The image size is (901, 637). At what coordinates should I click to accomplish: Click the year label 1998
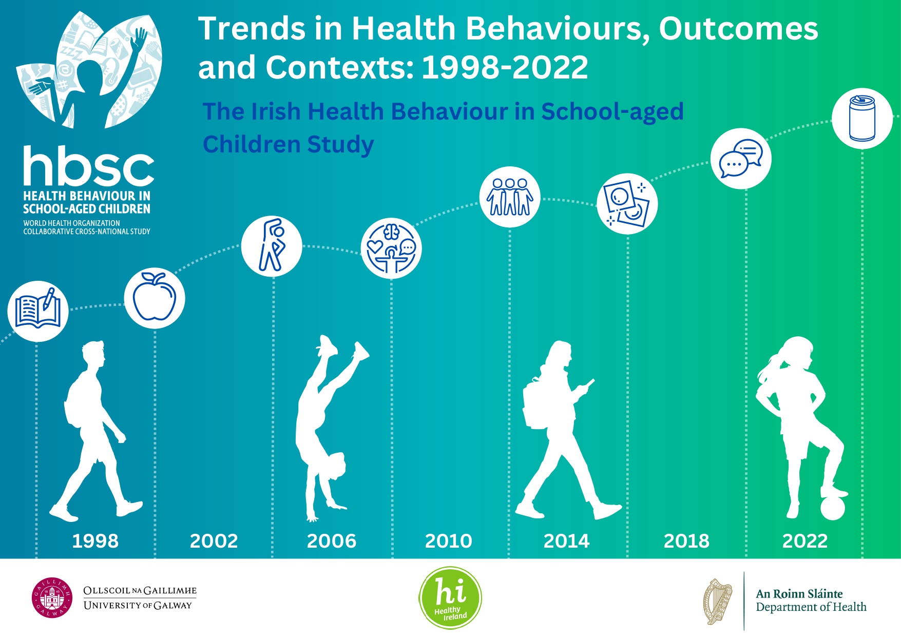click(x=95, y=541)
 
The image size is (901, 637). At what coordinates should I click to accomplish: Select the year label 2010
click(x=448, y=541)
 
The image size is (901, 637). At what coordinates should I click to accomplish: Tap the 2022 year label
click(x=804, y=541)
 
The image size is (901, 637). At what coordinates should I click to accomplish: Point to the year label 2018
click(x=686, y=541)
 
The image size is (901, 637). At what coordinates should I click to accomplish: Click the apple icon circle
click(x=155, y=298)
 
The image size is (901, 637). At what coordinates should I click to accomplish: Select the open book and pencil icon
click(x=38, y=311)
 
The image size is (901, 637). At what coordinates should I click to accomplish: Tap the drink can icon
click(x=862, y=119)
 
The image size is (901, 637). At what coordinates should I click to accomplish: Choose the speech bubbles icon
click(x=741, y=159)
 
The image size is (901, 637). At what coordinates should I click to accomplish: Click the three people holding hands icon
click(x=510, y=197)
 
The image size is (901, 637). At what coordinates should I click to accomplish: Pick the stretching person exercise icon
click(x=272, y=246)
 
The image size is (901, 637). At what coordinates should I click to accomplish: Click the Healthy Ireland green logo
click(x=450, y=598)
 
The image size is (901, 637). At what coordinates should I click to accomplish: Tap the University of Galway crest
click(x=52, y=598)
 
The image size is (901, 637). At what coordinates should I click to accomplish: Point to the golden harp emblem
click(x=718, y=601)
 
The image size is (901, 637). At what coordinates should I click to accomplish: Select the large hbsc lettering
click(x=88, y=166)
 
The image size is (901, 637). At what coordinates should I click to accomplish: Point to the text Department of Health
click(x=811, y=607)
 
